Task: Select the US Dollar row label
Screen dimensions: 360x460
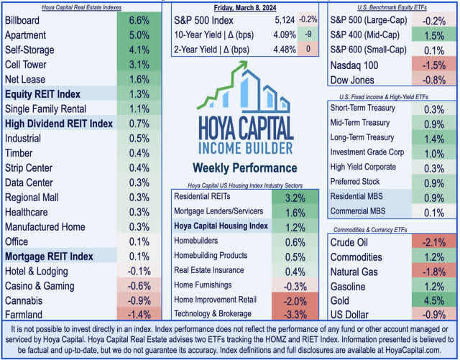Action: pos(349,315)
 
